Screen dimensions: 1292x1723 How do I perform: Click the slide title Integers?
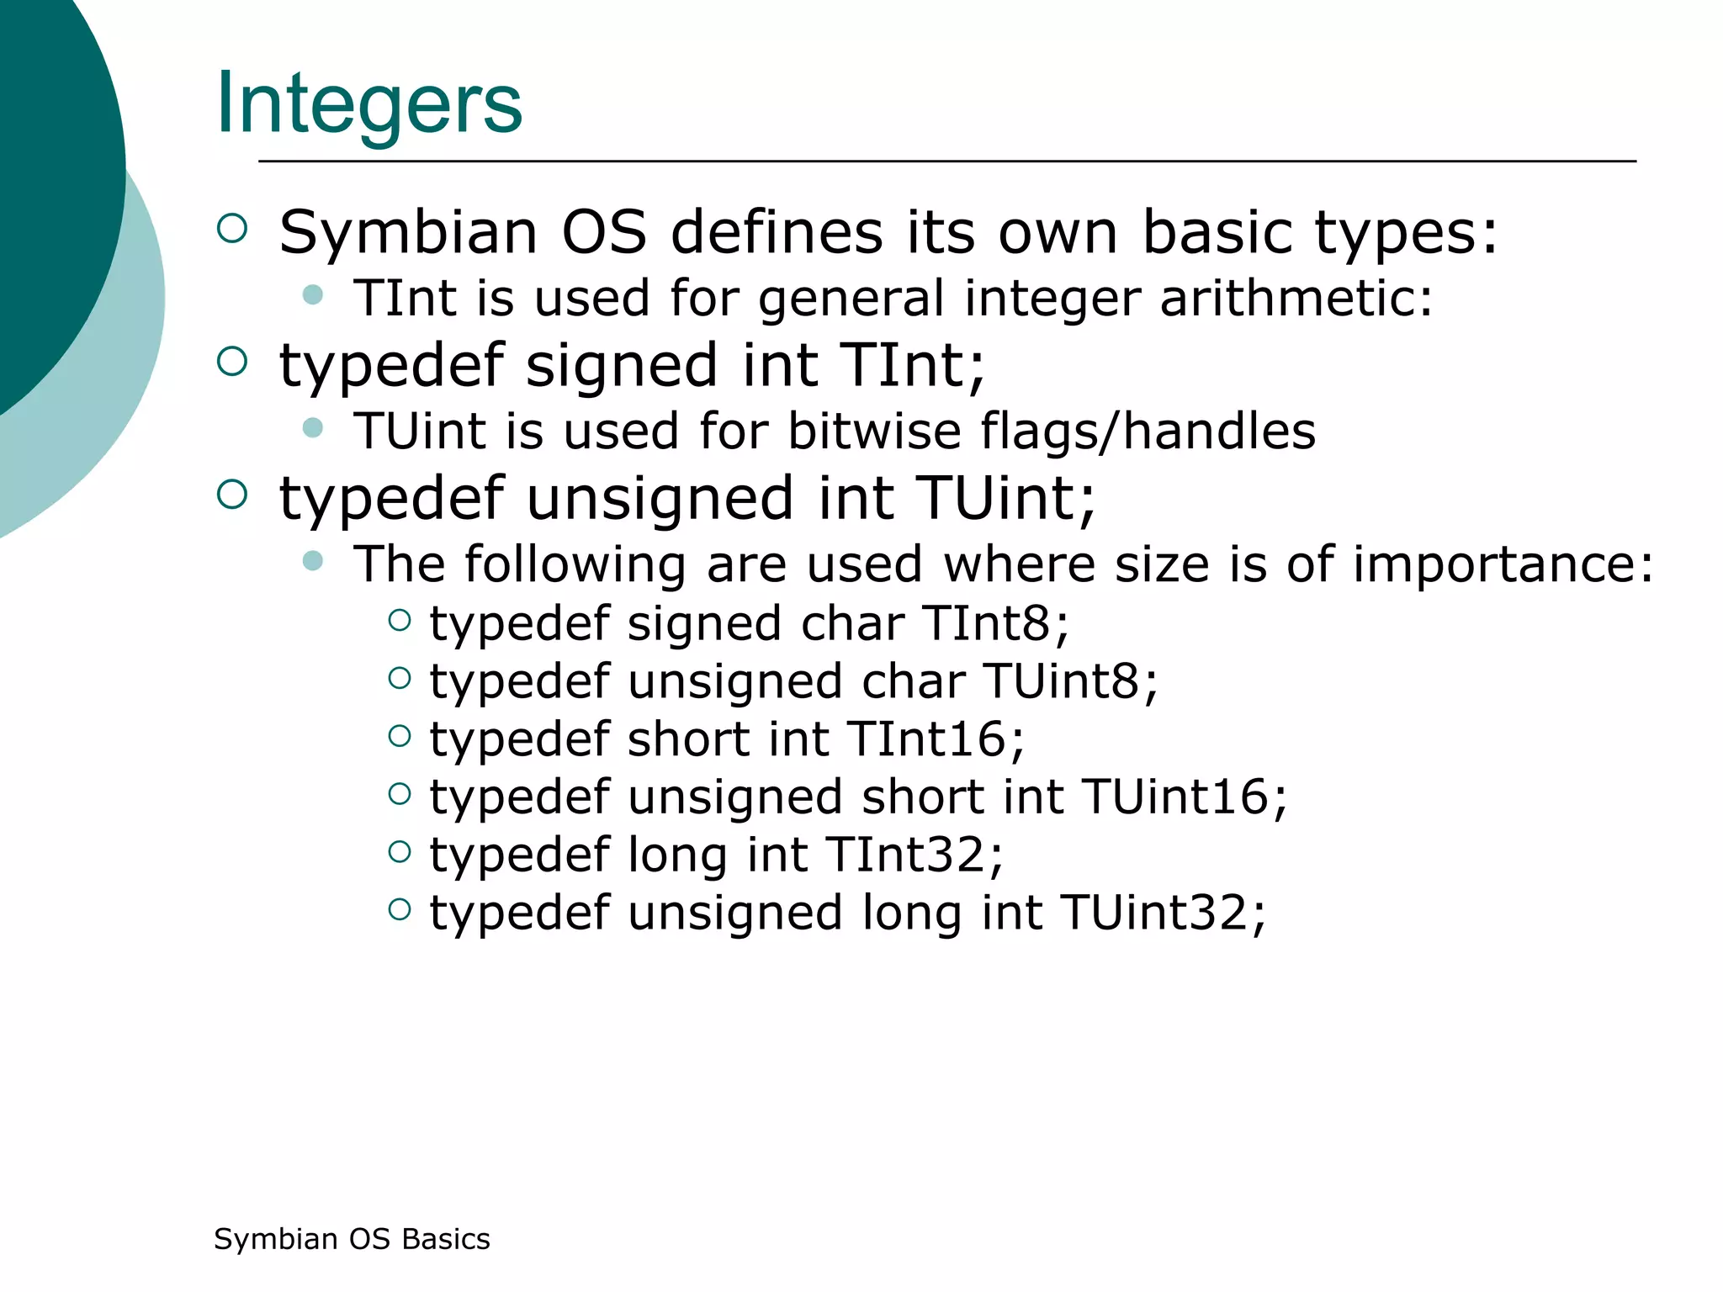[x=368, y=103]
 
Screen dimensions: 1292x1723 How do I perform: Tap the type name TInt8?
[x=995, y=623]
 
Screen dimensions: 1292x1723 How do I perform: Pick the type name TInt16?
[x=936, y=739]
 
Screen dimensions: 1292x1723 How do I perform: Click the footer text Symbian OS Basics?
[x=352, y=1239]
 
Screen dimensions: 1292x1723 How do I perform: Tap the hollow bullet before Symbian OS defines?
[x=232, y=229]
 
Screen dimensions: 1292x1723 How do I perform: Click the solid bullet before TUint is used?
[x=313, y=427]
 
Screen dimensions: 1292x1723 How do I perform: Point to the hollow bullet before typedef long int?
[x=400, y=851]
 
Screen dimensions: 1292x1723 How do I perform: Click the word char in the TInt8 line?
[x=851, y=623]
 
